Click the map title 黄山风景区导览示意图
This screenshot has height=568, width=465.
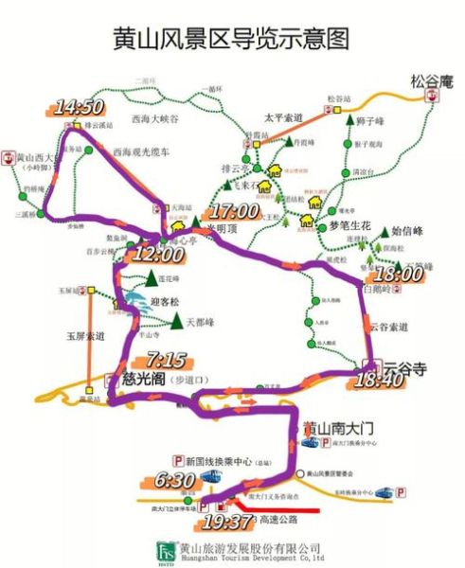[x=231, y=37]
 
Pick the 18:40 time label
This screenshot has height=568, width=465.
[x=377, y=380]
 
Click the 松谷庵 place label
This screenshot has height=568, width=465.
[x=433, y=80]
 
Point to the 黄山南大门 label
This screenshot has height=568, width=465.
[x=334, y=429]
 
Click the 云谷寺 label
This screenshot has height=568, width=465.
[x=402, y=363]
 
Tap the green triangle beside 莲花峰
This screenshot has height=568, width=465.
[x=152, y=279]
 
